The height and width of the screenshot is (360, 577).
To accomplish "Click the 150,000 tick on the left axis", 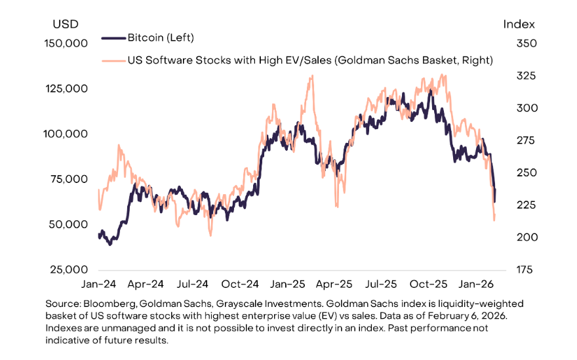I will [65, 43].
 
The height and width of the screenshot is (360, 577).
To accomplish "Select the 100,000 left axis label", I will [65, 134].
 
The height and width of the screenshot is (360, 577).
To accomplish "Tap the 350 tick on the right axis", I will [519, 43].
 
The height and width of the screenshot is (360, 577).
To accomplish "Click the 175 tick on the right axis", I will [519, 270].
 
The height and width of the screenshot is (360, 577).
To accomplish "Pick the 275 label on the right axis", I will [519, 140].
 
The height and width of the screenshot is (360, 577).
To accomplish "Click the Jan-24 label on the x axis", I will [99, 285].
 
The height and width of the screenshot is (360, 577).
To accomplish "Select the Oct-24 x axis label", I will [239, 285].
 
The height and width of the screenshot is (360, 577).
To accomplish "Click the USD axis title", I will [65, 24].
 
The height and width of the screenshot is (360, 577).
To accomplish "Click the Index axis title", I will [519, 24].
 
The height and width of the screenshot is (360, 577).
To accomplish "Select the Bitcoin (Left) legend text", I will [161, 38].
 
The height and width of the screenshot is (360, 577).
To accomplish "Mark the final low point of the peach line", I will [494, 220].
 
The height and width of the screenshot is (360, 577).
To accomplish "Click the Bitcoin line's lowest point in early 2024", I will [109, 244].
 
